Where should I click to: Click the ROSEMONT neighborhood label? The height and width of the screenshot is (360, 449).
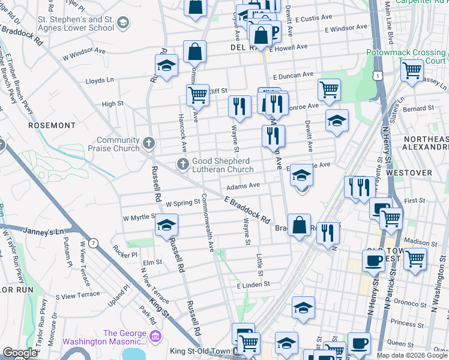52,126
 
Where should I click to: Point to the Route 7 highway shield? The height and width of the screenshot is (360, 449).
93,243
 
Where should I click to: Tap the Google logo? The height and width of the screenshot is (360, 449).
20,353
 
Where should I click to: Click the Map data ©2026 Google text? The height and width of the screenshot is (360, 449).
412,355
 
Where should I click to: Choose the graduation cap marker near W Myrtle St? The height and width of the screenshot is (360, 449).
166,226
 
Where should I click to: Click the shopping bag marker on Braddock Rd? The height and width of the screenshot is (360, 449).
299,226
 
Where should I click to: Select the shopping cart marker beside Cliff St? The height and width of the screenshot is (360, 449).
197,94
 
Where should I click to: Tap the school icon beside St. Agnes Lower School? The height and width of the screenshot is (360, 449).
123,23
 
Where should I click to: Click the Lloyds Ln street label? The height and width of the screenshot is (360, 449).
100,80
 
